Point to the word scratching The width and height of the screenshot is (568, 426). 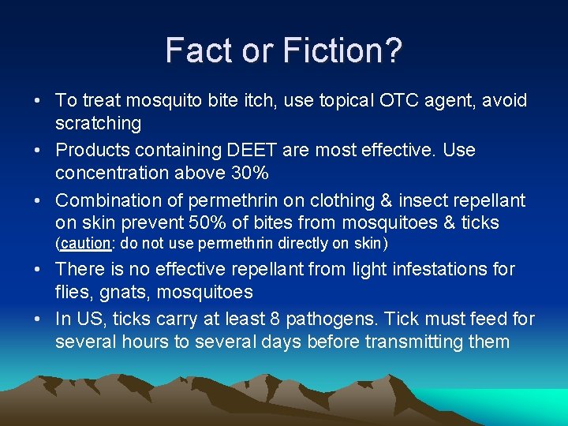pyautogui.click(x=99, y=123)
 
